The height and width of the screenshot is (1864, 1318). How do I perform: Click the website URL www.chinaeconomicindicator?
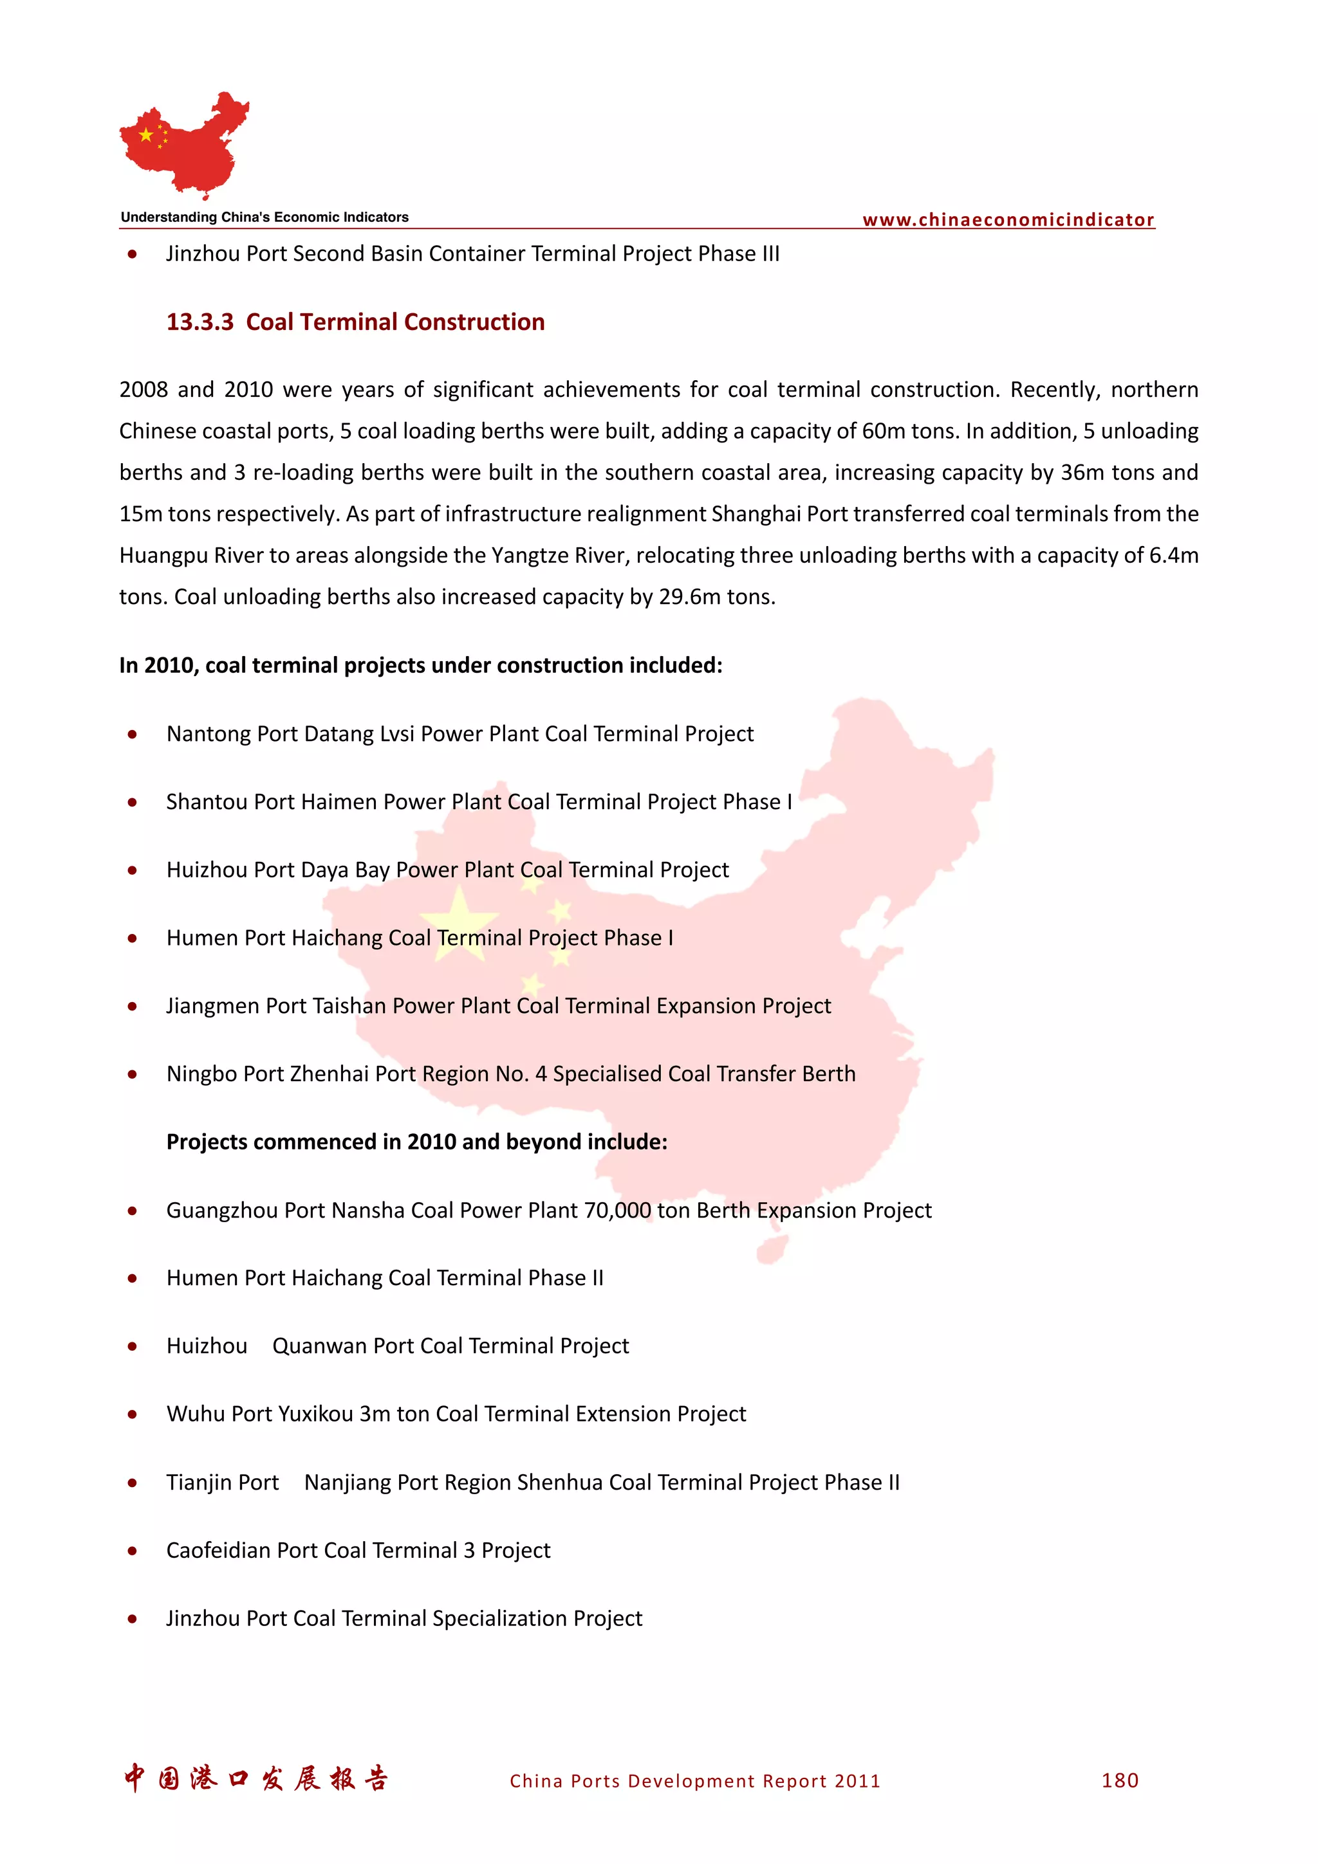(x=1008, y=220)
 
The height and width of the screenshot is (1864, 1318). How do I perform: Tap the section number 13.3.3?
(x=200, y=322)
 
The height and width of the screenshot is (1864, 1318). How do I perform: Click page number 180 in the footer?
(x=1120, y=1780)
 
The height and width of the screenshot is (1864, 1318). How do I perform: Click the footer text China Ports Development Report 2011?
(x=694, y=1781)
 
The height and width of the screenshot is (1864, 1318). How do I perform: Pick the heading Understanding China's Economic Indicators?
(x=265, y=217)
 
